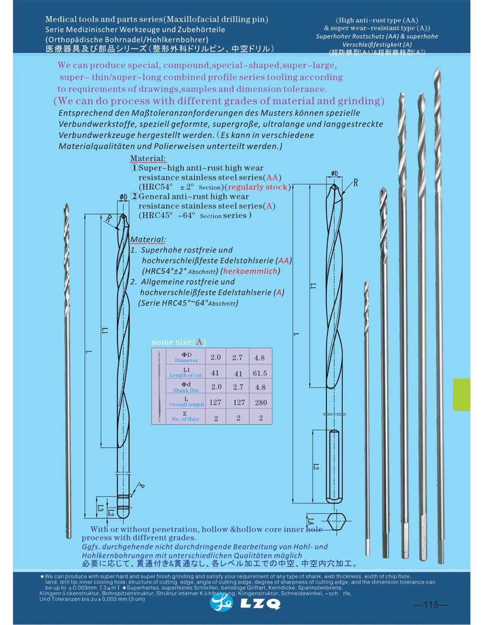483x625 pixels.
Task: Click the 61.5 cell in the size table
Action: click(260, 373)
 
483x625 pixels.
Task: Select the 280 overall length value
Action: click(260, 402)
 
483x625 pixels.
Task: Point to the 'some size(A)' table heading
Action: click(178, 342)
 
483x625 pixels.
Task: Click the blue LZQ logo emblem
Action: click(221, 602)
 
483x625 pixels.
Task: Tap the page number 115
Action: click(430, 604)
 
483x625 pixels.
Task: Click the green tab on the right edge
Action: click(461, 394)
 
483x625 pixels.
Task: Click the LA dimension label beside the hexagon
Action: click(311, 521)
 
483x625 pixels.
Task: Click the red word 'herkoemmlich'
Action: click(250, 271)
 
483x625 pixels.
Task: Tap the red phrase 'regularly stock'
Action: click(258, 187)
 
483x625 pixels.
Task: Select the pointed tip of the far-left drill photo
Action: click(66, 205)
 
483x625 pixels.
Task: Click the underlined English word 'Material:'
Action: click(148, 159)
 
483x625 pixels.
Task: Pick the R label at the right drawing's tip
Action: click(355, 183)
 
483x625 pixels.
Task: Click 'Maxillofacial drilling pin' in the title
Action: click(217, 19)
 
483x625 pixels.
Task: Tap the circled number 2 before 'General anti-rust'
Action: click(135, 196)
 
